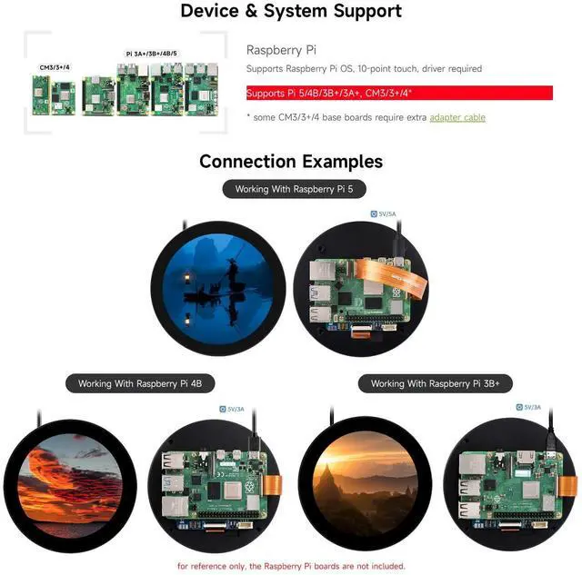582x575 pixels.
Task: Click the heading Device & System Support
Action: click(x=291, y=12)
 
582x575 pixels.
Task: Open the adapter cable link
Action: click(x=457, y=117)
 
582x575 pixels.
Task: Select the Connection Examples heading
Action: click(x=291, y=162)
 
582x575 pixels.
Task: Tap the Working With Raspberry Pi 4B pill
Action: click(x=139, y=384)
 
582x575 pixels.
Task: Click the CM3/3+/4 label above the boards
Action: click(x=54, y=67)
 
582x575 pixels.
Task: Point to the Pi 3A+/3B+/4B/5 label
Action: click(x=151, y=55)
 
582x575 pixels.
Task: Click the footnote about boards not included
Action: click(x=291, y=566)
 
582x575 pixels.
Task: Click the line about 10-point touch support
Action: click(x=364, y=69)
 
